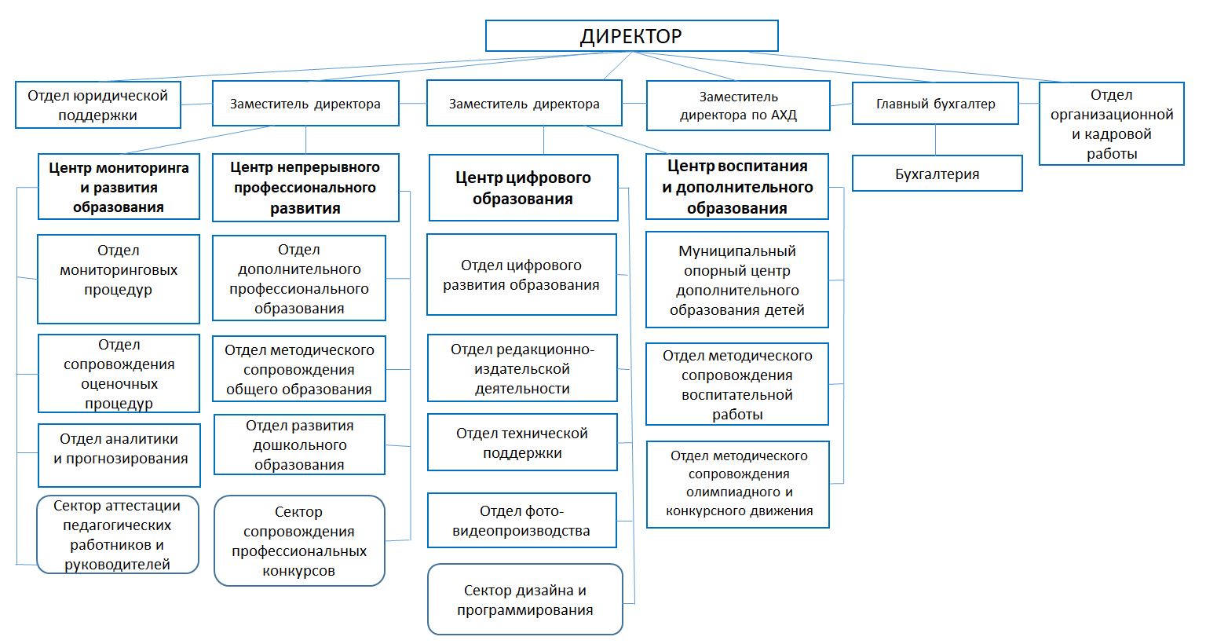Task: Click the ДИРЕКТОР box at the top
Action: [631, 36]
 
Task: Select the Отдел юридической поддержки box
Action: [98, 105]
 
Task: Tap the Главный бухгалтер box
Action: [935, 104]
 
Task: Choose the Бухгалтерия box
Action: [937, 174]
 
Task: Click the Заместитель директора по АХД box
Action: [738, 106]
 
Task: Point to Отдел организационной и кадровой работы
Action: [1111, 124]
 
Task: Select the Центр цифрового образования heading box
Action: [523, 188]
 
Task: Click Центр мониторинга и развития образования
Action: [119, 187]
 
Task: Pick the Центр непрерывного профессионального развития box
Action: [305, 188]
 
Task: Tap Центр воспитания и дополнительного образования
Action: [736, 187]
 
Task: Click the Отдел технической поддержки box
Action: [522, 443]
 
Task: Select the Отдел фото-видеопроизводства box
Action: [522, 521]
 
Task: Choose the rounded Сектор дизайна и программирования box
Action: [524, 600]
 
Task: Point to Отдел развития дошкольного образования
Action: [299, 445]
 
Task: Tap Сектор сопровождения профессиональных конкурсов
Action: [299, 541]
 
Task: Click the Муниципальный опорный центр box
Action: [736, 280]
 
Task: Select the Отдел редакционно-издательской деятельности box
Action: [522, 368]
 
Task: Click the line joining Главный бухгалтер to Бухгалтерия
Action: [935, 140]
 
